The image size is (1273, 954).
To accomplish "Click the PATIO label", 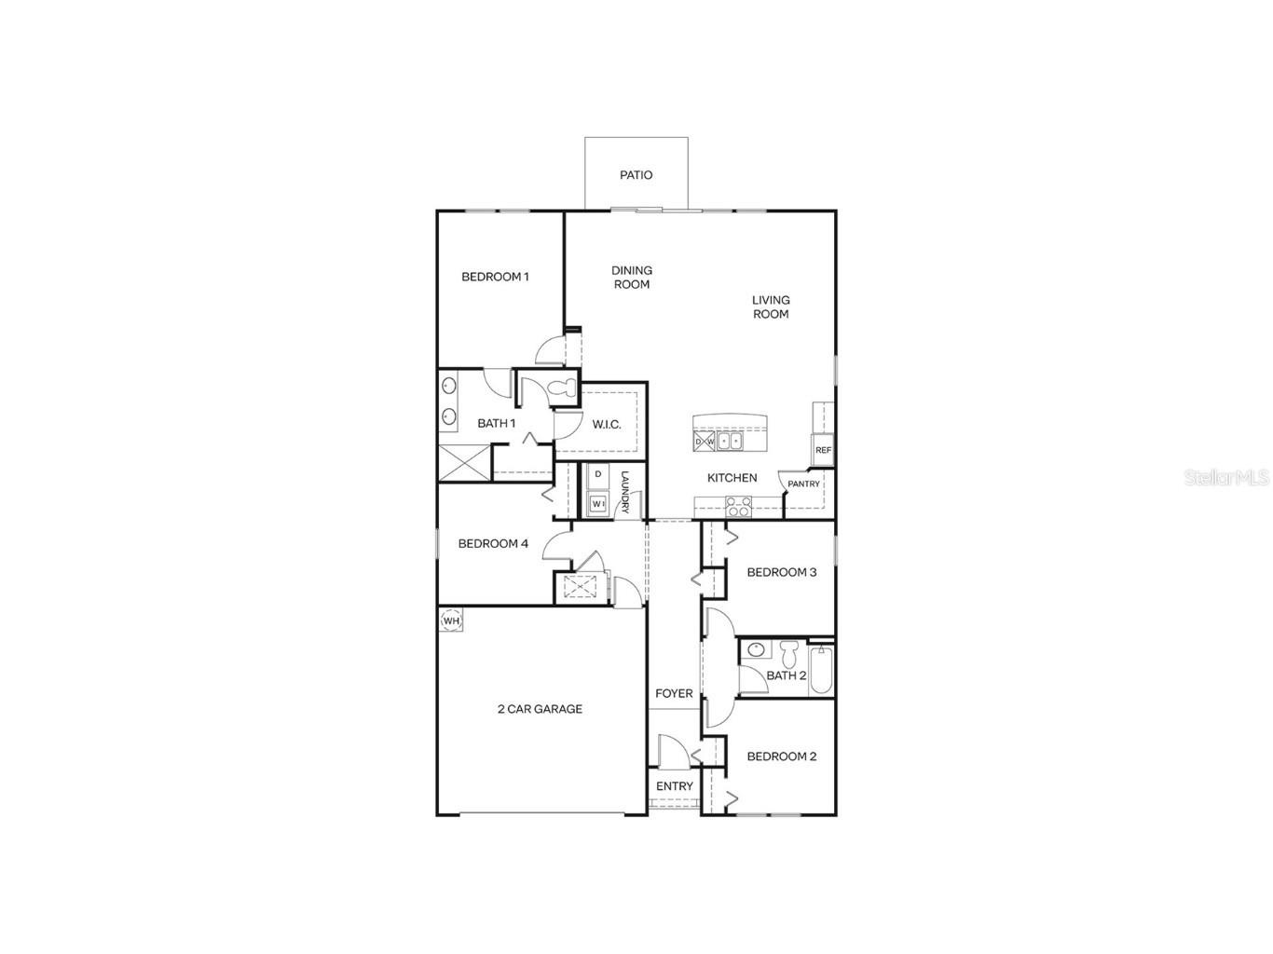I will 636,175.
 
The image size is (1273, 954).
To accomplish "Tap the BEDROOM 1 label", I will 495,277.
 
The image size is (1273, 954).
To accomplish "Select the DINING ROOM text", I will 632,278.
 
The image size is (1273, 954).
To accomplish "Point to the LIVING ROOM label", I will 771,307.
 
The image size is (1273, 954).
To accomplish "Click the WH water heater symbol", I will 451,621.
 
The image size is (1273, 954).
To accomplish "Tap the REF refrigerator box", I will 823,450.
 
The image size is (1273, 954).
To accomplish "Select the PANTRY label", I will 803,484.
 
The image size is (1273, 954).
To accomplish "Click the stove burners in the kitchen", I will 739,506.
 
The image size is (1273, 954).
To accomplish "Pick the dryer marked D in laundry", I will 597,475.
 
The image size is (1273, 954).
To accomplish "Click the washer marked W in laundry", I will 597,504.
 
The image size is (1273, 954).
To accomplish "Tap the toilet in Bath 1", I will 564,390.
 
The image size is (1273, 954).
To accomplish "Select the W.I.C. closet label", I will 607,425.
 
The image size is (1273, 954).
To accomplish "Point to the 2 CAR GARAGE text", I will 540,709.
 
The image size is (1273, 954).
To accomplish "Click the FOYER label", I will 674,694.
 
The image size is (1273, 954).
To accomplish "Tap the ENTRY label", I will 675,786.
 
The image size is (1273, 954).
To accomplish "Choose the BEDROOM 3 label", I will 782,572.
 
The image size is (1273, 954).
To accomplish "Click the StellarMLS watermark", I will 1226,478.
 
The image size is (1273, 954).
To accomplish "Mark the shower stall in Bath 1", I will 463,463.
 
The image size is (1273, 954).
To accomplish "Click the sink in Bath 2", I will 756,650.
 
